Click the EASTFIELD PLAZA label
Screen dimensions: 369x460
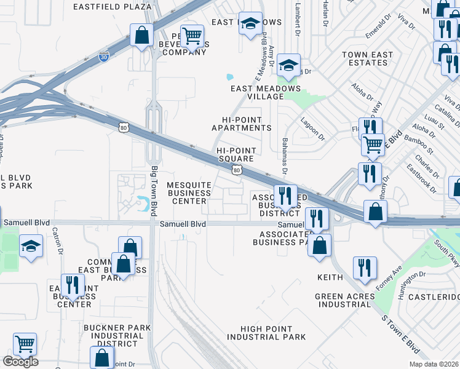112,7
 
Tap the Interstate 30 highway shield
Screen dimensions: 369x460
105,56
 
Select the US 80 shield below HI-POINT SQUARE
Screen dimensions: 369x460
236,170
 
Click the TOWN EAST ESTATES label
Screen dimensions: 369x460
367,58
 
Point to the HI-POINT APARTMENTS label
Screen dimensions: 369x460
241,124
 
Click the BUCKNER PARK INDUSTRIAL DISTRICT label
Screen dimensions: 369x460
113,336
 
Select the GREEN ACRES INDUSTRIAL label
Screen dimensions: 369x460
344,300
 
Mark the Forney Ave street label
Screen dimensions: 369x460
389,275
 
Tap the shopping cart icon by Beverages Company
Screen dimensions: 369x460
192,36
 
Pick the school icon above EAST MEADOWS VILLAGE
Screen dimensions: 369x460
287,66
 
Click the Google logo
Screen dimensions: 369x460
20,362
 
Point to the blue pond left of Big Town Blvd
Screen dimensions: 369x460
144,200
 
